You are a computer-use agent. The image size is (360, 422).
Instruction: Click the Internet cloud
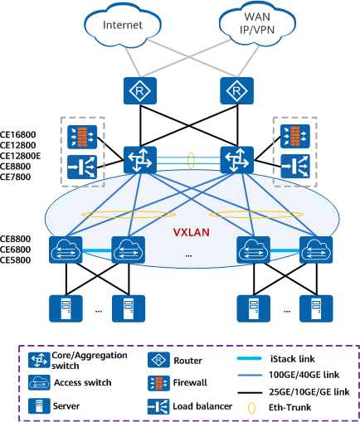pos(123,25)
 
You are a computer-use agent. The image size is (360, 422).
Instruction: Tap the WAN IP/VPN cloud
pos(257,23)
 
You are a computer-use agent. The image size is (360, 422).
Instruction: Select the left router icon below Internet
pos(140,91)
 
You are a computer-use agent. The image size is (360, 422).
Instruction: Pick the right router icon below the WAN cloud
pos(236,91)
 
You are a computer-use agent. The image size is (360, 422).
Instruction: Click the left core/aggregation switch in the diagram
pos(140,160)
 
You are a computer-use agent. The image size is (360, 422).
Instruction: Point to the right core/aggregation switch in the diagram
pos(236,160)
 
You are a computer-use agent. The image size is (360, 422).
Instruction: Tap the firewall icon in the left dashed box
pos(82,137)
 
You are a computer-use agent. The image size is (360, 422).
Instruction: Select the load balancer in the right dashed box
pos(295,166)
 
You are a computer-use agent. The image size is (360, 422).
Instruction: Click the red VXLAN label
pos(192,232)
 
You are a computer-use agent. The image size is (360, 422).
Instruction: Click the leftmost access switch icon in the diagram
pos(66,250)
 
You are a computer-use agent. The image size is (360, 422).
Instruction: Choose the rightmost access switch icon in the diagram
pos(316,250)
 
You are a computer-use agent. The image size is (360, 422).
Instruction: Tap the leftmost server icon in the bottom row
pos(66,308)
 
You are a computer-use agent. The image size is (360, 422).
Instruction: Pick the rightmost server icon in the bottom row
pos(316,308)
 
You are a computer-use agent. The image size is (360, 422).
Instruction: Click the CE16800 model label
pos(17,135)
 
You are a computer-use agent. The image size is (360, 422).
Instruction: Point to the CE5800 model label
pos(15,260)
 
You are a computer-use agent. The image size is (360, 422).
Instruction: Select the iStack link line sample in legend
pos(250,358)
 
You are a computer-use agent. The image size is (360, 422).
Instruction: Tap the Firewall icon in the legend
pos(158,383)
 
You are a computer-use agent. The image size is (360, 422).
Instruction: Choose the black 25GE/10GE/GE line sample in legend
pos(250,392)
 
